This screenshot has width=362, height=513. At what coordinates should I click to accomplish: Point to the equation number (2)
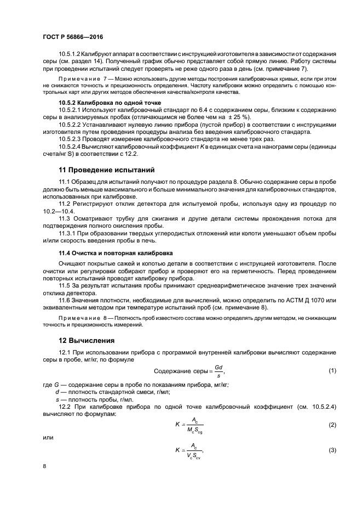point(332,409)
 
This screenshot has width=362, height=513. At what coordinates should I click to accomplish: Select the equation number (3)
point(332,450)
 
